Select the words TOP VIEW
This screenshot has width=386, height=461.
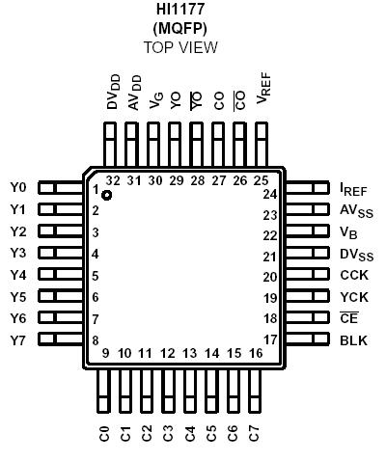coord(182,47)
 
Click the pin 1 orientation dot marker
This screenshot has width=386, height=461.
coord(106,195)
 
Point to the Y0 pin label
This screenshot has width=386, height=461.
coord(18,188)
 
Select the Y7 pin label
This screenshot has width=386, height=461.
coord(18,340)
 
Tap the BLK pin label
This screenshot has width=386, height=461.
coord(352,339)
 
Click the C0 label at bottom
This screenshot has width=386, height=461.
coord(104,434)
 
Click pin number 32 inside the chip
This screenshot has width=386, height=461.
coord(113,180)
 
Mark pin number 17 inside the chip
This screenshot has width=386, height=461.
coord(270,339)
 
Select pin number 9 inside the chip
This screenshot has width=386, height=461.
coord(104,354)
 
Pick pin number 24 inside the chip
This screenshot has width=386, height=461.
coord(270,194)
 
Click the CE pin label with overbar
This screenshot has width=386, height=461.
coord(348,318)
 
